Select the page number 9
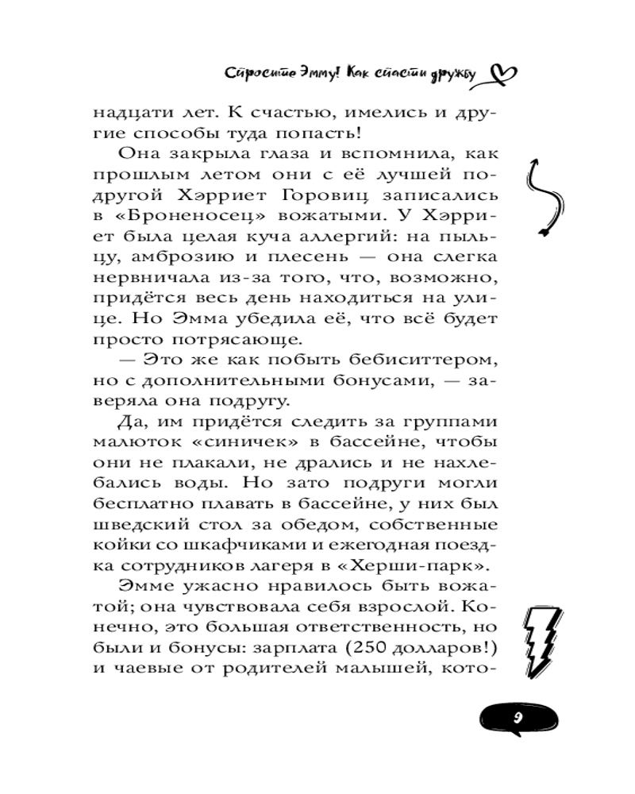[517, 717]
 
